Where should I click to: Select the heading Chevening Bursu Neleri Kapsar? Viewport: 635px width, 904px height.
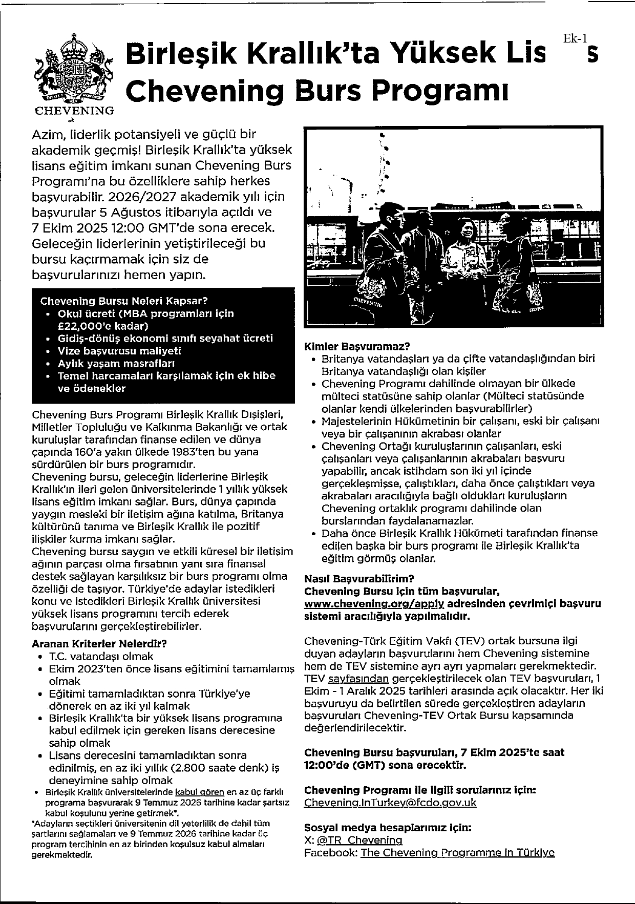click(124, 301)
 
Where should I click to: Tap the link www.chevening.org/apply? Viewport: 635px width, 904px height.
click(374, 604)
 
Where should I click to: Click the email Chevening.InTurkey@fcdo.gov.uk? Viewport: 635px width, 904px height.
click(390, 802)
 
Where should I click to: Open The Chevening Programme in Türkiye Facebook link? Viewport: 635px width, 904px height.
click(457, 852)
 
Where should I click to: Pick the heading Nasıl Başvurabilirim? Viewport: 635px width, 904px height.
click(359, 579)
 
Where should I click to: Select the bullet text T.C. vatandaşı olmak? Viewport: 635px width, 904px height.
click(101, 656)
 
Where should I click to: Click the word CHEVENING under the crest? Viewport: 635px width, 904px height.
click(74, 111)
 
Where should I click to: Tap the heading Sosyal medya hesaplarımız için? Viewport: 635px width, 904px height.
click(388, 827)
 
